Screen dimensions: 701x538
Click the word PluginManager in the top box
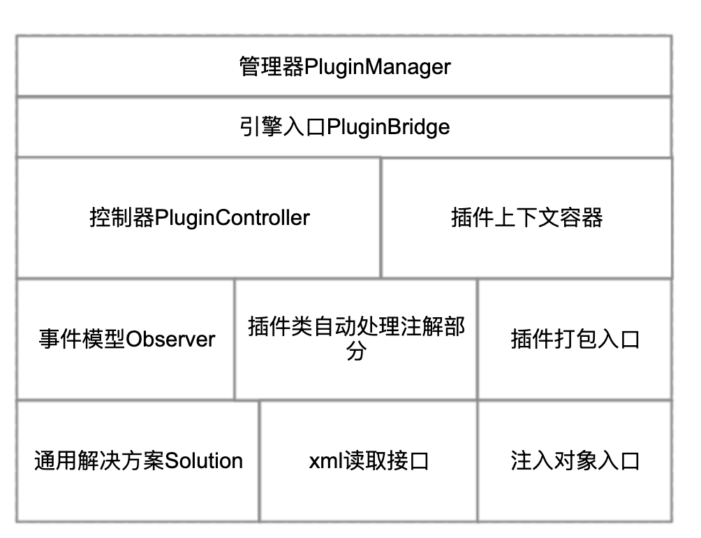tap(377, 67)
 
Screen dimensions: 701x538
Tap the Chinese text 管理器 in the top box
tap(272, 66)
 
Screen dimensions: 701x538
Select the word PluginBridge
tap(388, 127)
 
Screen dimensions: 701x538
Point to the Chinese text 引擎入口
tap(283, 126)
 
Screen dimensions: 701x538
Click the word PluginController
tap(232, 218)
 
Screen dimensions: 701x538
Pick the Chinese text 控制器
tap(122, 218)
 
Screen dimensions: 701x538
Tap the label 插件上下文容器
tap(526, 218)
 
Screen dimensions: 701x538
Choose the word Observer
tap(170, 339)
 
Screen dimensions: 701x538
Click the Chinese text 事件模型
tap(82, 339)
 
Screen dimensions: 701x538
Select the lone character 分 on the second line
tap(356, 351)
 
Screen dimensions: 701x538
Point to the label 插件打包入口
tap(575, 339)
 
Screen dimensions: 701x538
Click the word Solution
tap(204, 460)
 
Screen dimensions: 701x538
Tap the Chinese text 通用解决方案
tap(99, 460)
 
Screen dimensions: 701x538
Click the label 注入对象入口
tap(575, 460)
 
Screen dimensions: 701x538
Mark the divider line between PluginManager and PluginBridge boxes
tap(344, 96)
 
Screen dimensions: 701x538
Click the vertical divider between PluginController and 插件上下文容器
tap(381, 218)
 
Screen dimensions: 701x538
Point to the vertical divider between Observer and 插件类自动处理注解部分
tap(235, 339)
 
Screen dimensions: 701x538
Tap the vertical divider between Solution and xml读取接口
tap(259, 461)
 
